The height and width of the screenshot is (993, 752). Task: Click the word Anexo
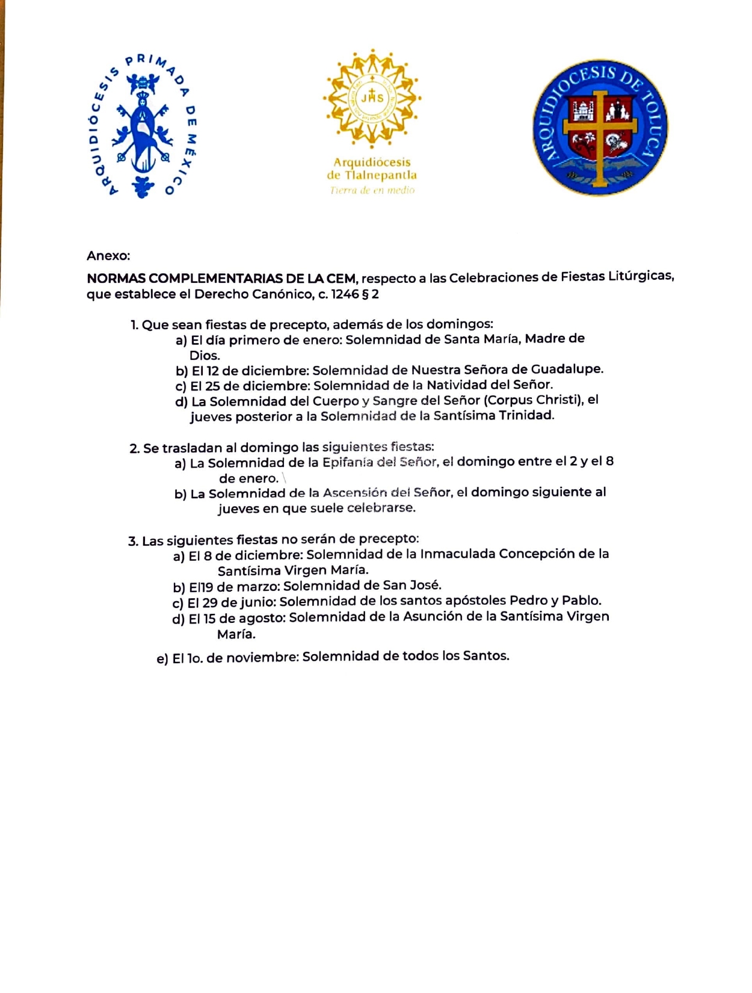pyautogui.click(x=108, y=256)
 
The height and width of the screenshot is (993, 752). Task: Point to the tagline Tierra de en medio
pyautogui.click(x=372, y=190)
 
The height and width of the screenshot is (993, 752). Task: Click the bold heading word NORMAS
pyautogui.click(x=116, y=279)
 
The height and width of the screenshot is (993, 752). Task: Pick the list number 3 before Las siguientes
pyautogui.click(x=132, y=540)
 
